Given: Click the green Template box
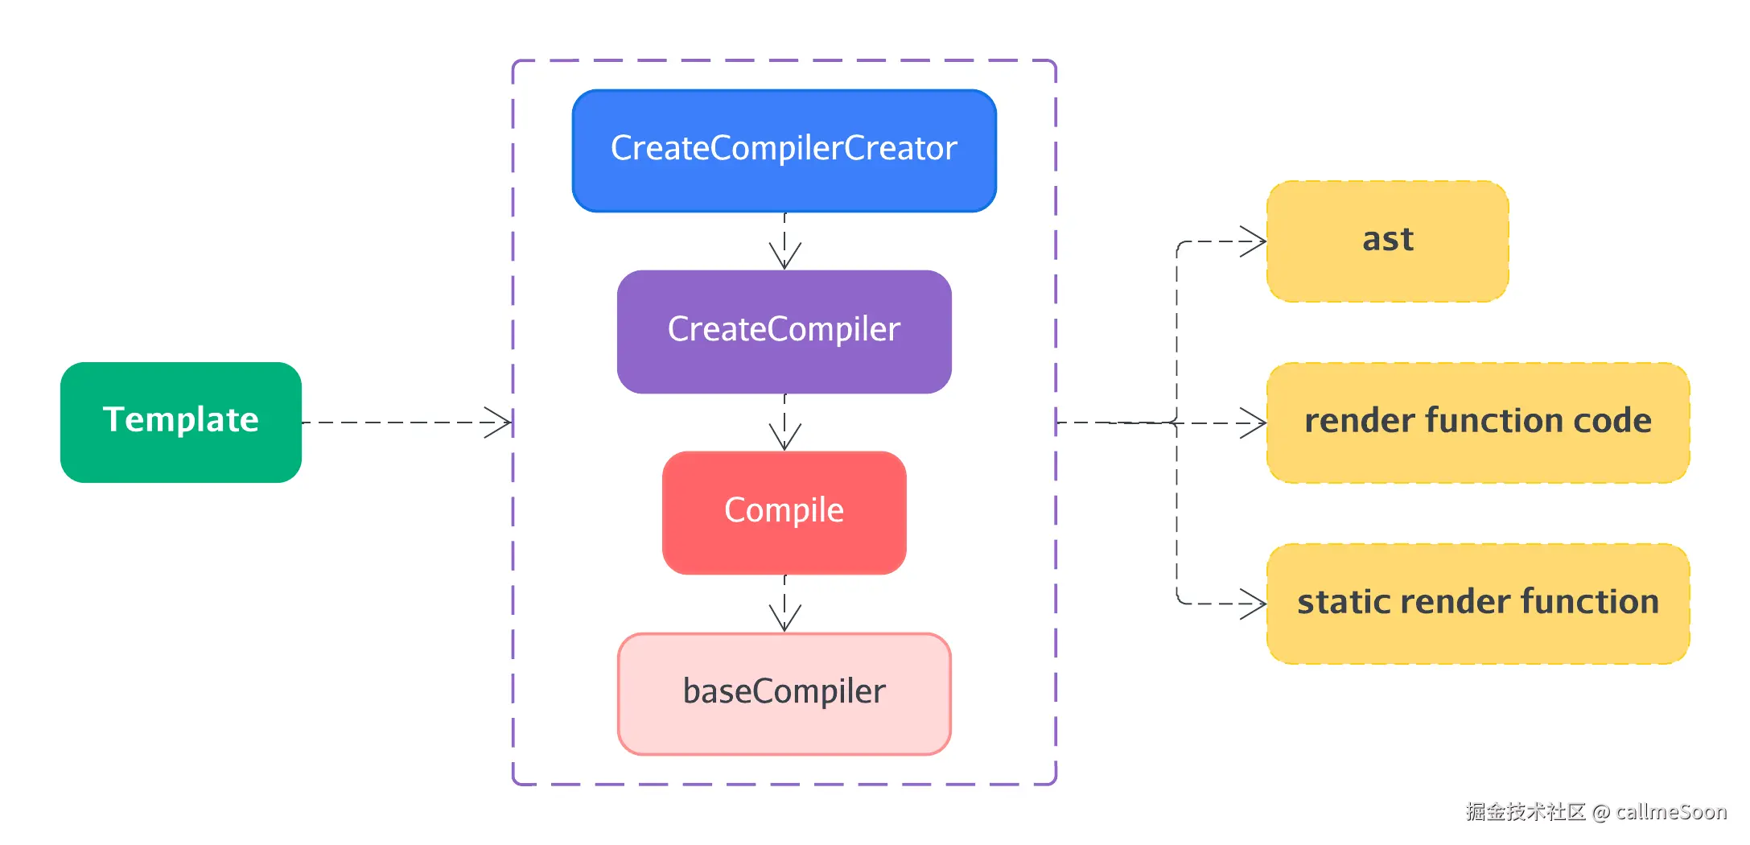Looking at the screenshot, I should point(181,422).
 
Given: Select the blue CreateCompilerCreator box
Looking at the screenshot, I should point(784,150).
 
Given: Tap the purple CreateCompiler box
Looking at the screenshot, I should point(784,331).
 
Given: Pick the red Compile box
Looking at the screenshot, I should point(784,512).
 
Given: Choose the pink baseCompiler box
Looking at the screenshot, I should point(784,693).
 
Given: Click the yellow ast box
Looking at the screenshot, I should point(1387,241).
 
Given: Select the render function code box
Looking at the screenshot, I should point(1477,422).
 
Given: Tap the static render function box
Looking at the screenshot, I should point(1477,603).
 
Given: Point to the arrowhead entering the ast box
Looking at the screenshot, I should point(1255,241).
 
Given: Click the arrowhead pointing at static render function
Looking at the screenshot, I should point(1255,604).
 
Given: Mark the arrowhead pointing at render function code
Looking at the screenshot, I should point(1255,422).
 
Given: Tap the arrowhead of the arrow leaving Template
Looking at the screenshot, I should point(500,422).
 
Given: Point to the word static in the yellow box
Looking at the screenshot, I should point(1343,602).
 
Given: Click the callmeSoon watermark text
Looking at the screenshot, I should point(1671,812).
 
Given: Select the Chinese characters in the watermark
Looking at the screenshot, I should point(1525,812).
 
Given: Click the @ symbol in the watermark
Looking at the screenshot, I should point(1600,813).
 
